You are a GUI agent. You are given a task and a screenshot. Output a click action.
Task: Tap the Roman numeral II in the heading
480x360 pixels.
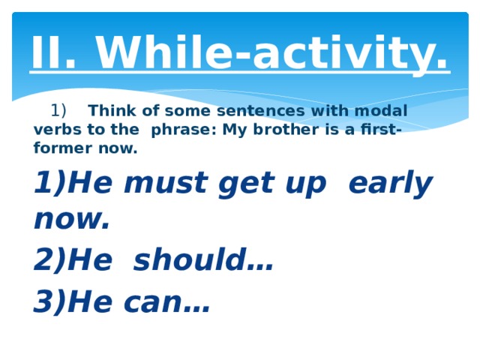click(x=50, y=52)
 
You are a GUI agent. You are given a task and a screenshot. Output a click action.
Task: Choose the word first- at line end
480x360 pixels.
click(x=378, y=130)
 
